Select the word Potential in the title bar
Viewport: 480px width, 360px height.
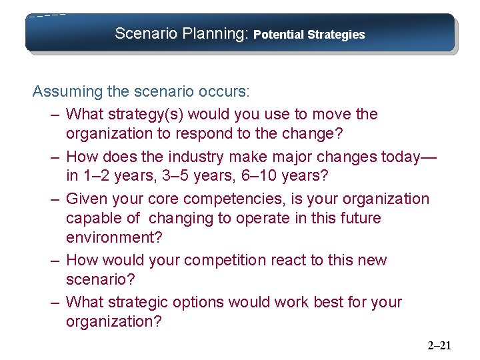279,34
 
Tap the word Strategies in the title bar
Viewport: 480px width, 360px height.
337,34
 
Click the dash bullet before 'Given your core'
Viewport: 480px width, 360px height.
56,199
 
